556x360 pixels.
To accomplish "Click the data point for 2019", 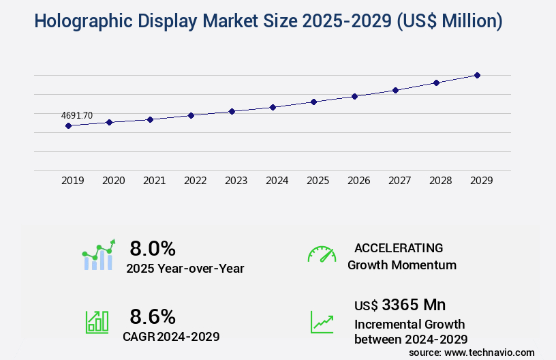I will [68, 125].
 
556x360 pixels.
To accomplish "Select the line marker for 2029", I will [477, 75].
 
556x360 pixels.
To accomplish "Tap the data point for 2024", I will [273, 107].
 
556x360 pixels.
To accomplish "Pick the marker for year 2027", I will [395, 90].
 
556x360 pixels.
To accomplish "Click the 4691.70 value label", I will [77, 116].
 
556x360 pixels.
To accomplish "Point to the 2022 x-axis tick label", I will [196, 181].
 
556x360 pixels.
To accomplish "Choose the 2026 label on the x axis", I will [359, 181].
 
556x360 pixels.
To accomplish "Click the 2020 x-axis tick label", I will [114, 181].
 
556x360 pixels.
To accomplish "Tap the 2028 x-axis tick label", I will [441, 181].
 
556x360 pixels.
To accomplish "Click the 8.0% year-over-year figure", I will [153, 248].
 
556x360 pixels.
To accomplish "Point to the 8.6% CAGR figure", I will [153, 316].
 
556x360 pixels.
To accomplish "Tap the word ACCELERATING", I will [399, 248].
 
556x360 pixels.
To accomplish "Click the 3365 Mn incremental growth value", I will [414, 304].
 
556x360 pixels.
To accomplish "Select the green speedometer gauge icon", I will [322, 254].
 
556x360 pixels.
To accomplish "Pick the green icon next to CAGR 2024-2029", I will [97, 322].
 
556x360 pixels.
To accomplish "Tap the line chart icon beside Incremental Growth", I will [322, 322].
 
